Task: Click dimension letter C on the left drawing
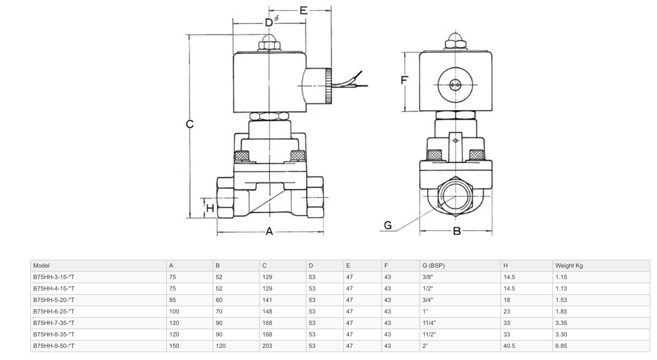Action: pos(189,124)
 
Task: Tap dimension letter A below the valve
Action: pos(269,231)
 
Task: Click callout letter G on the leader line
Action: pos(388,225)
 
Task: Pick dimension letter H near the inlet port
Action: pos(209,207)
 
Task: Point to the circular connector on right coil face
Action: pos(456,85)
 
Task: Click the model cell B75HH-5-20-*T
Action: pos(54,300)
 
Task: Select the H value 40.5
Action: pos(509,346)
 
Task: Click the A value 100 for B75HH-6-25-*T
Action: pos(175,311)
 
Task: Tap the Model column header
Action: pos(41,265)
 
